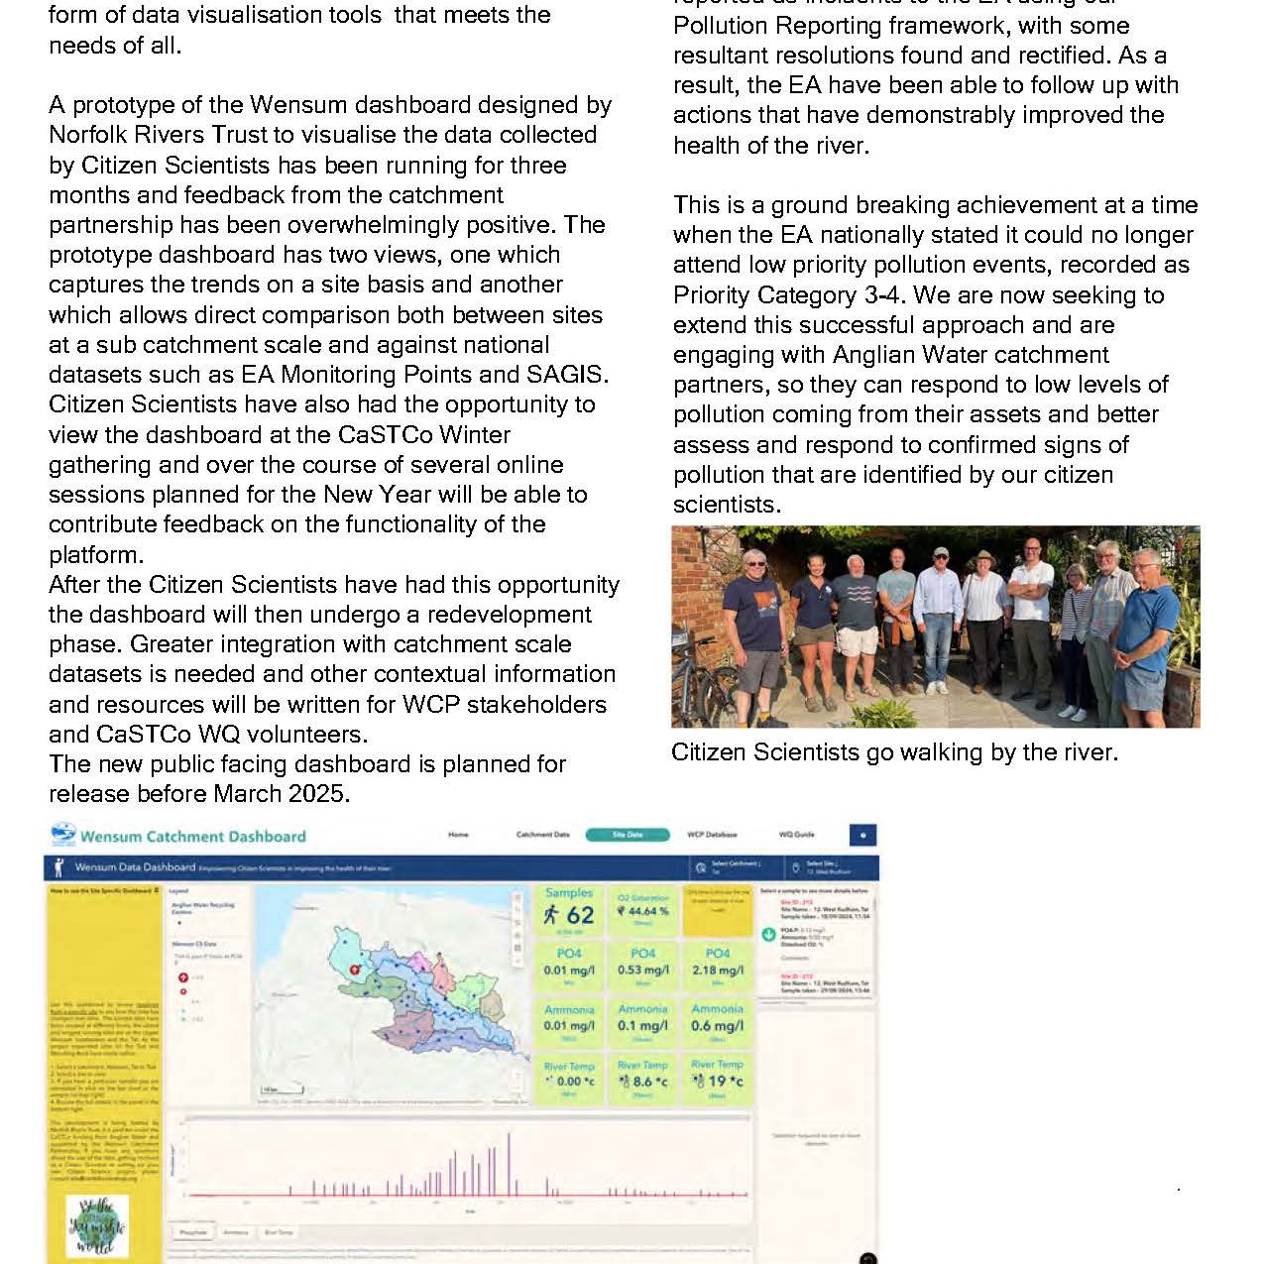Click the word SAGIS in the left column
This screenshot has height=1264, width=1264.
(x=569, y=375)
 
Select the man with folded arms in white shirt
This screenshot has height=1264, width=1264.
(x=1032, y=615)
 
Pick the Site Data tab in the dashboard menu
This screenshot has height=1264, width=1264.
(x=628, y=835)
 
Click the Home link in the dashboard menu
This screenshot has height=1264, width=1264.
(x=458, y=835)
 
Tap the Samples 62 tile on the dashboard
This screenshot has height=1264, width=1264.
(x=569, y=910)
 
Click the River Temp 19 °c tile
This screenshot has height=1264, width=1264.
(x=718, y=1078)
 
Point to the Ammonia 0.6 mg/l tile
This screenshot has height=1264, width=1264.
(x=718, y=1021)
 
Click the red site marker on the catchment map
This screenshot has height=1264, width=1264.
(x=355, y=971)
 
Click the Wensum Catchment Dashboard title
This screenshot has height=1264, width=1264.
(x=192, y=837)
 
